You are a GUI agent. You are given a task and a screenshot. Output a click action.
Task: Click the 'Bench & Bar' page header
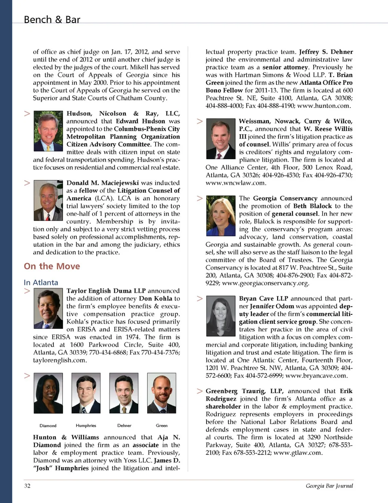pos(52,20)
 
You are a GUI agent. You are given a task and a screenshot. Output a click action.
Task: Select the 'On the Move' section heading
pos(52,266)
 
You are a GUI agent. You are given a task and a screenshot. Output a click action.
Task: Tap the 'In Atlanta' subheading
pos(41,282)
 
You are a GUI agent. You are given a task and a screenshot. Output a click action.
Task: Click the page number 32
pos(27,486)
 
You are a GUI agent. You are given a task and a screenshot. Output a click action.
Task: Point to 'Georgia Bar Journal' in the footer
pos(329,486)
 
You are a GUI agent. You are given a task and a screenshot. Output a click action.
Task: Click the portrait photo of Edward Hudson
pos(48,131)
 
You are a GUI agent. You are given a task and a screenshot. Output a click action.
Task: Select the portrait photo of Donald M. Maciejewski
pos(48,200)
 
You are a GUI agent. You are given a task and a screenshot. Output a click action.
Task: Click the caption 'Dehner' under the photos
pos(124,425)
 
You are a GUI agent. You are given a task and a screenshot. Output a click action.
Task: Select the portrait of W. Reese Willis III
pos(221,139)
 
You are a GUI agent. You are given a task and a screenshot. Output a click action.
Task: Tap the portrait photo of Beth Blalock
pos(221,216)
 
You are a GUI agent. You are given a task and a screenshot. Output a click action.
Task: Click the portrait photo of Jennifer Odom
pos(221,316)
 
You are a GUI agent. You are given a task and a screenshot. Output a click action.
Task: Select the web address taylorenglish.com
pos(59,360)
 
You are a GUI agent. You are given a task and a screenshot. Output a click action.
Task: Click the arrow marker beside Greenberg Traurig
pos(200,391)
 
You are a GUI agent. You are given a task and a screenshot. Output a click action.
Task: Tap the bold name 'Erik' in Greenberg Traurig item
pos(346,391)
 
